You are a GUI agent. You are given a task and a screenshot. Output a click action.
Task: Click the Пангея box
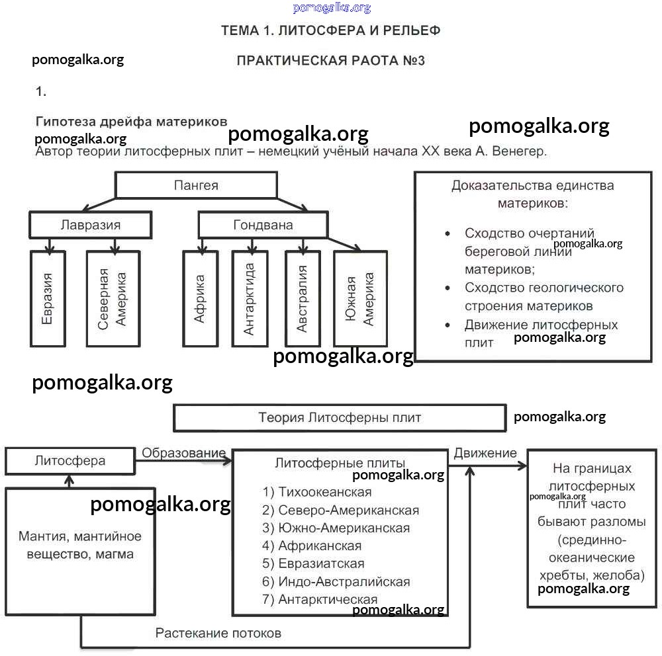[196, 185]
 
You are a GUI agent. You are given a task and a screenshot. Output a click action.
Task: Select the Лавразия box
[91, 225]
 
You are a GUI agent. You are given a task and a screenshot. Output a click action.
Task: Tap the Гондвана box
[263, 225]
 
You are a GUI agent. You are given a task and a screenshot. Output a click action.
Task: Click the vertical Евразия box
[48, 298]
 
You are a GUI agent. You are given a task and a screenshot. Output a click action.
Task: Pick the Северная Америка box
[113, 298]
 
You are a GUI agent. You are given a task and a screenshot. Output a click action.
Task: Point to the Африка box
[200, 298]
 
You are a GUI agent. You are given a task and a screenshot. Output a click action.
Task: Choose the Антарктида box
[250, 298]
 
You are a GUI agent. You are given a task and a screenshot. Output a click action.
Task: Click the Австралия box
[303, 298]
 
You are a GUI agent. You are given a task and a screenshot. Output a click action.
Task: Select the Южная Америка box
[360, 299]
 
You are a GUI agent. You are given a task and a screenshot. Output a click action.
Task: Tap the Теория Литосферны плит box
[339, 418]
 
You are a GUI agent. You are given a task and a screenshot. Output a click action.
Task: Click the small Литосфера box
[70, 461]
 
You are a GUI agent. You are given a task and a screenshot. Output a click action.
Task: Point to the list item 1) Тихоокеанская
[317, 492]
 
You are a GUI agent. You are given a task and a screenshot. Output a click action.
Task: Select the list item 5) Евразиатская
[313, 564]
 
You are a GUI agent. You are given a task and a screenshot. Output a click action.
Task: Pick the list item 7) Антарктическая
[320, 600]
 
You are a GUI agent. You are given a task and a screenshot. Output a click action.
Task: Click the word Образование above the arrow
[183, 453]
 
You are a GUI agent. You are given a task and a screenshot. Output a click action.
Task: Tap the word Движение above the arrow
[485, 453]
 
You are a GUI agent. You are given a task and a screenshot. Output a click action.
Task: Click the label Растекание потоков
[218, 634]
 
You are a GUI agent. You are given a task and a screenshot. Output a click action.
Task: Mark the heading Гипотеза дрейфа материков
[131, 122]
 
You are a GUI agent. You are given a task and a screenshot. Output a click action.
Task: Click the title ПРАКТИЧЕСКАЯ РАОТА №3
[330, 61]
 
